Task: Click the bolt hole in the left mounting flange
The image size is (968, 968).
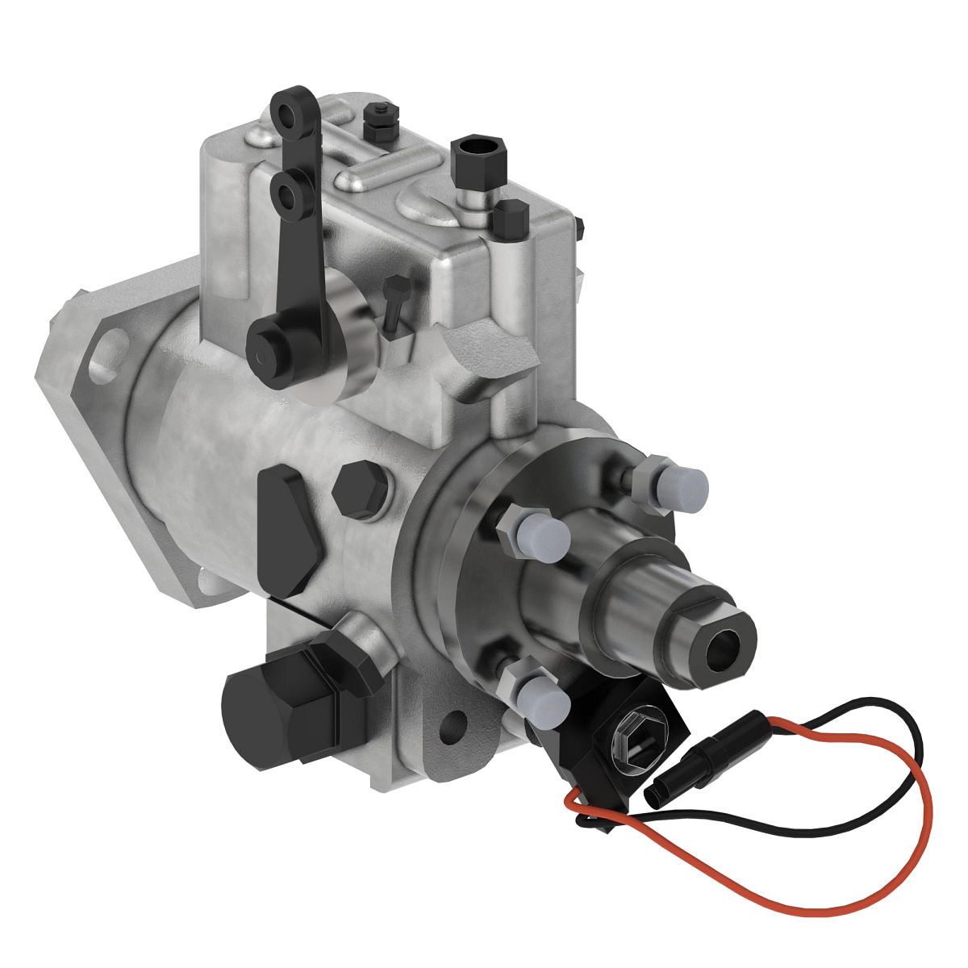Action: pyautogui.click(x=106, y=360)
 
